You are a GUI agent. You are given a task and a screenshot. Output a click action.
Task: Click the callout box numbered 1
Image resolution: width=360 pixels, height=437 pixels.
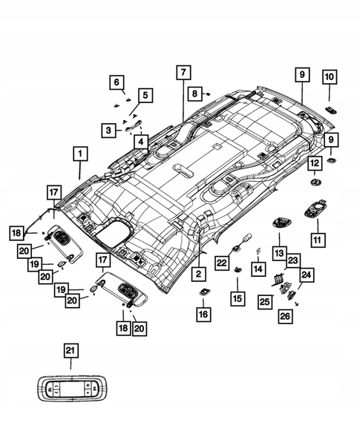[78, 154]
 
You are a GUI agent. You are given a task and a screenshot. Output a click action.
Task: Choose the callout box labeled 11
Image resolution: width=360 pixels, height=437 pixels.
[319, 240]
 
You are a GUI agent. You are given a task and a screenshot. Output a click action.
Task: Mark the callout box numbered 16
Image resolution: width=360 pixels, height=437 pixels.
[203, 315]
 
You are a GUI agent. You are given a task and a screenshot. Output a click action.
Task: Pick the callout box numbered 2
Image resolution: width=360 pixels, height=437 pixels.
[198, 275]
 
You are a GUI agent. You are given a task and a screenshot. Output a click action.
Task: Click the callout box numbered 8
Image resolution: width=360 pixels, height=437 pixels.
[193, 93]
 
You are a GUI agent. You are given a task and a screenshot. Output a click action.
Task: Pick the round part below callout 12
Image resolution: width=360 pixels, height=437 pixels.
[315, 182]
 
